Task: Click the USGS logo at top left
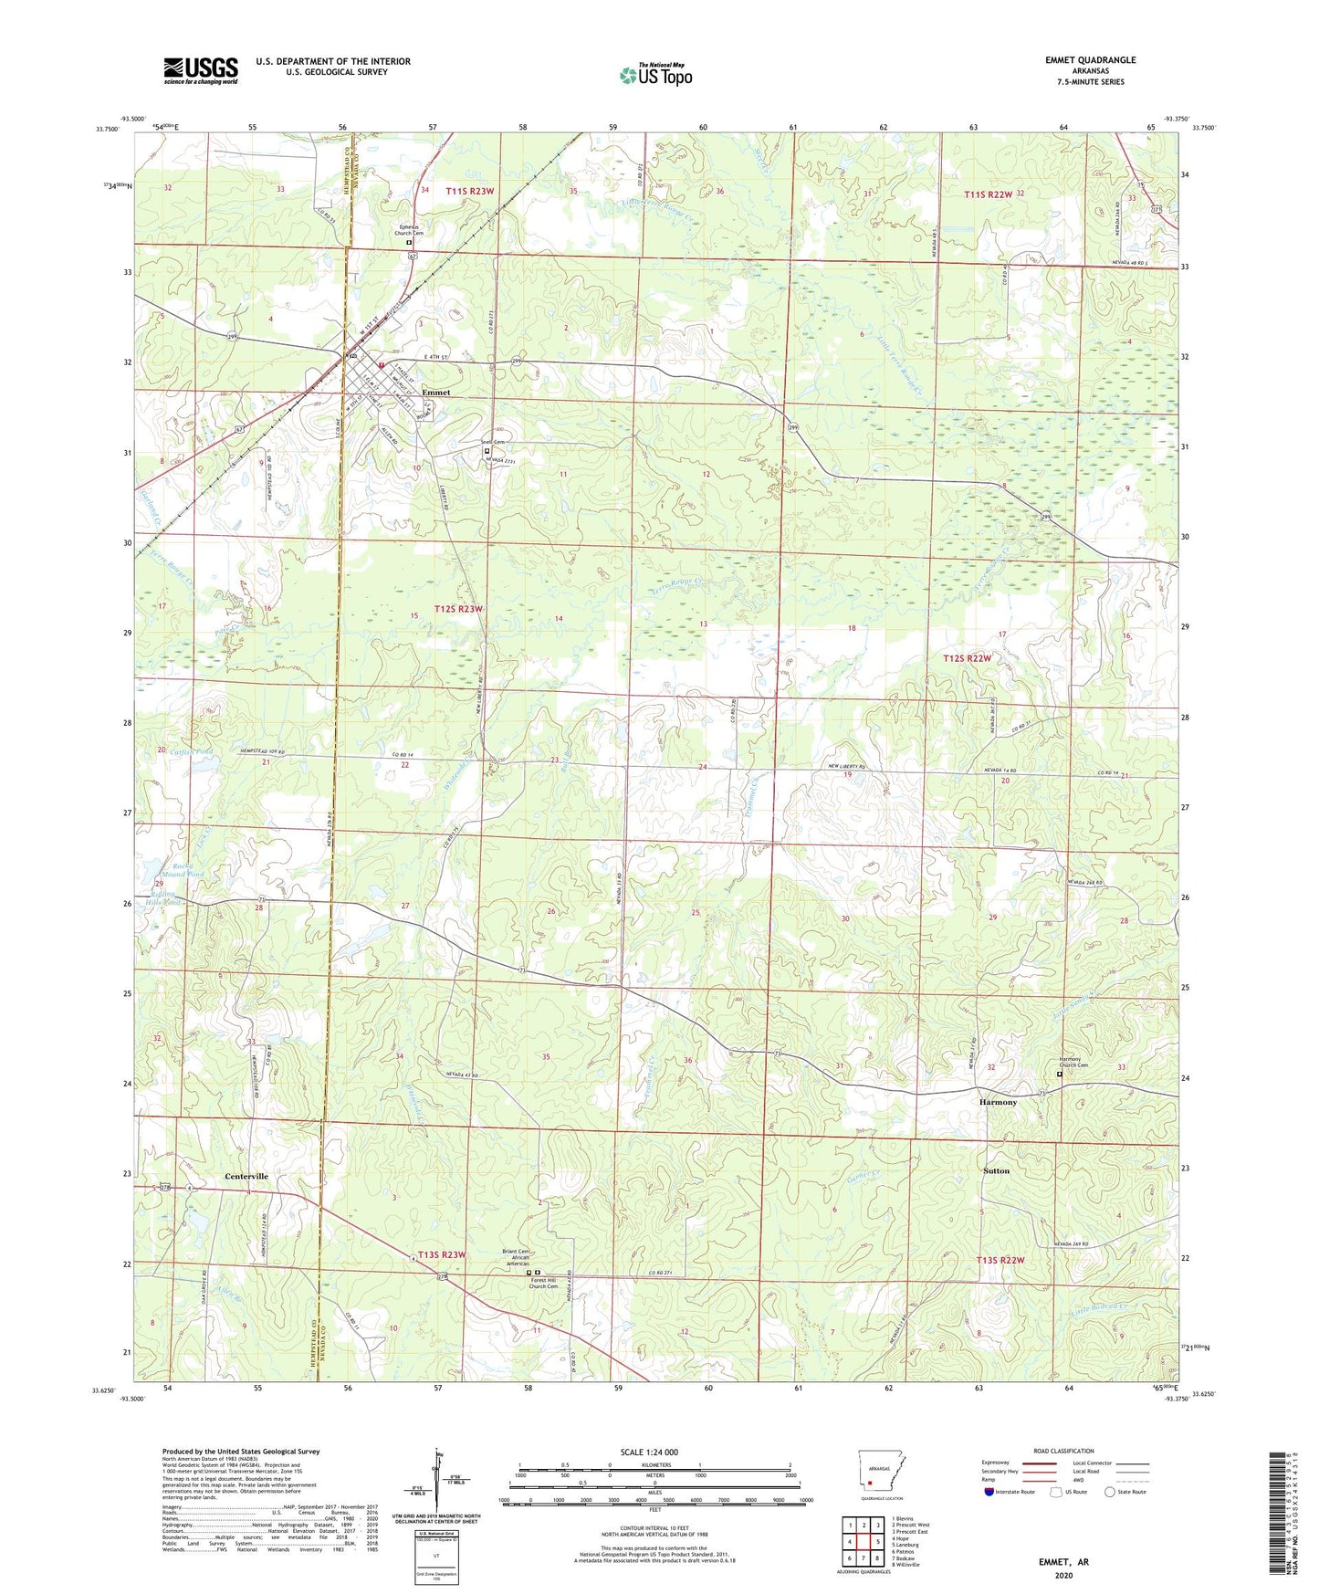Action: [200, 70]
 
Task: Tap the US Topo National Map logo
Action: [655, 75]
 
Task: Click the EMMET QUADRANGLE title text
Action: [1090, 60]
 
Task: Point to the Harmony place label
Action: [998, 1102]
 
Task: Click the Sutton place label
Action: [996, 1170]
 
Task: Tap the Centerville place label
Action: [246, 1176]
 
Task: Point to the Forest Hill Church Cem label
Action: [543, 1284]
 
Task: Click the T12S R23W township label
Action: [458, 608]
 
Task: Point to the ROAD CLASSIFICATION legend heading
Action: [1063, 1451]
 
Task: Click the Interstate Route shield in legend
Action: [990, 1492]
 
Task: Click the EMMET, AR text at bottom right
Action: [1063, 1562]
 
